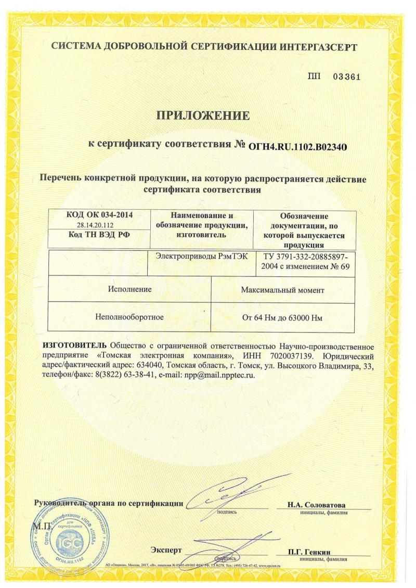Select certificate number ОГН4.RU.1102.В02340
(298, 147)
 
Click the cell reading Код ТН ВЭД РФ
(99, 235)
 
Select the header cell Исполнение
(130, 289)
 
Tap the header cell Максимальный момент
(283, 290)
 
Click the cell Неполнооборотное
(129, 316)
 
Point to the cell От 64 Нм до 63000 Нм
(283, 316)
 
